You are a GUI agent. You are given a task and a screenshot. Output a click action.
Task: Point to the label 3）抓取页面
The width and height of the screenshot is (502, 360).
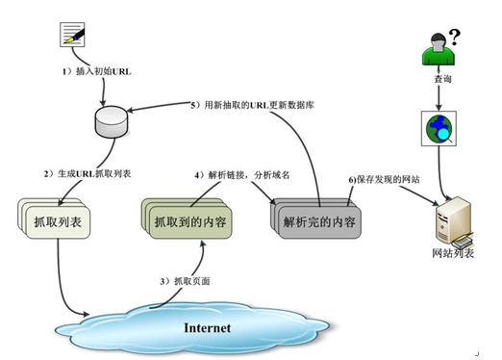pos(184,280)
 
